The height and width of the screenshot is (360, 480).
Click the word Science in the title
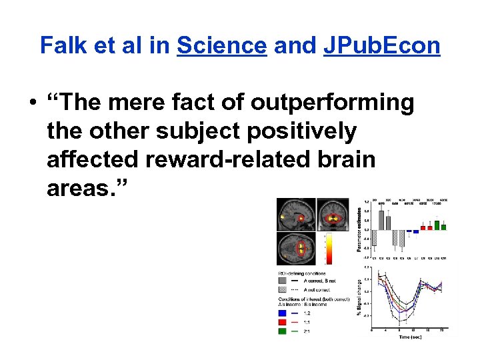(x=222, y=45)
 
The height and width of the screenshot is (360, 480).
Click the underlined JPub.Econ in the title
(x=381, y=45)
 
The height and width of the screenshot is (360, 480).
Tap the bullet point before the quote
(x=31, y=104)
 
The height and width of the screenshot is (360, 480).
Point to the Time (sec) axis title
(x=409, y=337)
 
